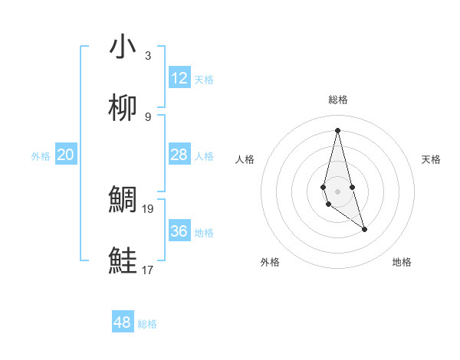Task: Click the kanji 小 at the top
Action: pyautogui.click(x=123, y=47)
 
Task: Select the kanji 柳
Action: pyautogui.click(x=123, y=109)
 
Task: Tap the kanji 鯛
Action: pyautogui.click(x=123, y=200)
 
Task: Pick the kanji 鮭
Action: pyautogui.click(x=123, y=261)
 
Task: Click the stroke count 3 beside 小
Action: pyautogui.click(x=148, y=56)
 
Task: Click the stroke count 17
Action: pyautogui.click(x=148, y=270)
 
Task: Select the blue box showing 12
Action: pyautogui.click(x=179, y=78)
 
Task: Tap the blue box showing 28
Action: pyautogui.click(x=179, y=155)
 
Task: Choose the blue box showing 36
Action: pyautogui.click(x=179, y=231)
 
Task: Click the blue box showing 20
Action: pyautogui.click(x=66, y=155)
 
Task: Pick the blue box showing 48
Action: pyautogui.click(x=123, y=322)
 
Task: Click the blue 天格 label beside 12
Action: pyautogui.click(x=204, y=80)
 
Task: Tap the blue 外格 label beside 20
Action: pyautogui.click(x=41, y=156)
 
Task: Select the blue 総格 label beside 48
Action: pyautogui.click(x=147, y=324)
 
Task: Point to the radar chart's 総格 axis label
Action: pyautogui.click(x=338, y=100)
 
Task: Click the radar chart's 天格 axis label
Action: pyautogui.click(x=432, y=159)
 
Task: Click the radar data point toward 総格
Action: pyautogui.click(x=338, y=129)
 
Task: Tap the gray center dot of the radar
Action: pyautogui.click(x=338, y=191)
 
